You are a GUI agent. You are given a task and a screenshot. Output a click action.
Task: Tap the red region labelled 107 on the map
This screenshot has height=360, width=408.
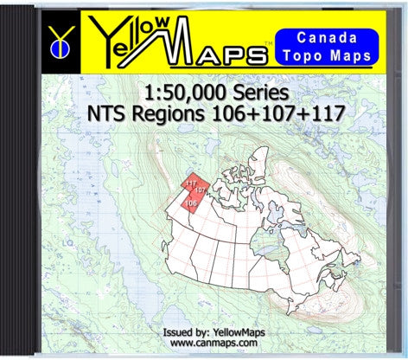click(201, 190)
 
